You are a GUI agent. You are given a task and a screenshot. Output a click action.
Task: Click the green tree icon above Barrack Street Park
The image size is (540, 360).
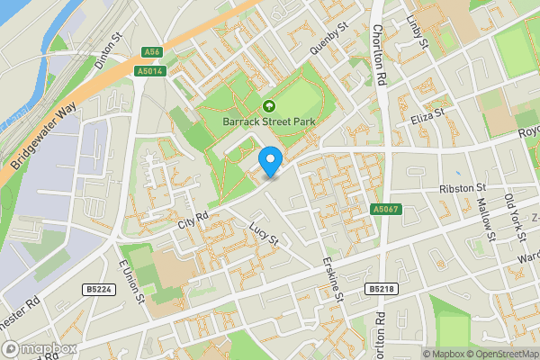pos(269,105)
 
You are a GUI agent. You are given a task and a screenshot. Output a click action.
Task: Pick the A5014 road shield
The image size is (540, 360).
pos(149,70)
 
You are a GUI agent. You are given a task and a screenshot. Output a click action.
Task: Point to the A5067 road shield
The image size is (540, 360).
pos(384,209)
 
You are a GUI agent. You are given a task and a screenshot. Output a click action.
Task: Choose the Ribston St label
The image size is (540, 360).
pos(463,188)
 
